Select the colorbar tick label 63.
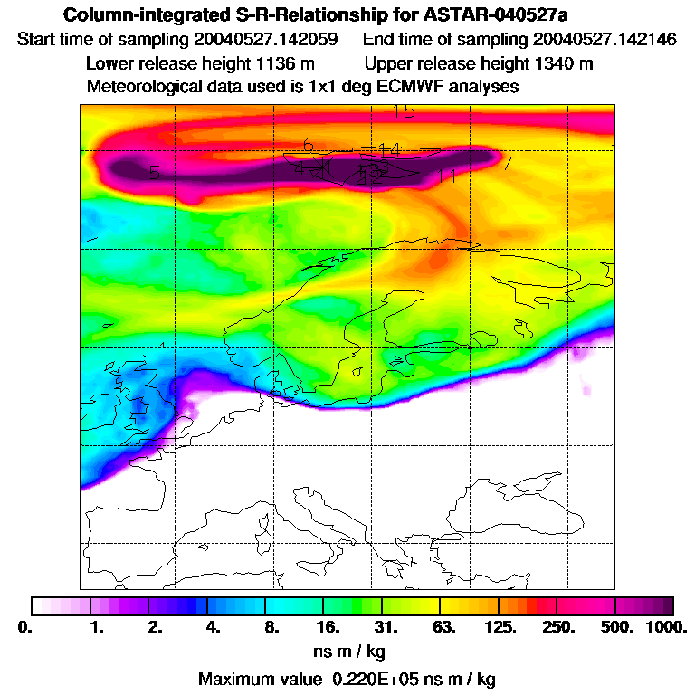coord(443,626)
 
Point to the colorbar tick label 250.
coord(558,626)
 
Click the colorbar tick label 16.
coord(328,626)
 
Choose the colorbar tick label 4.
coord(213,626)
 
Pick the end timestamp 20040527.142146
coord(605,40)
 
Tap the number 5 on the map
coord(155,172)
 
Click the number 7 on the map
coord(507,164)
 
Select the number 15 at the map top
coord(404,111)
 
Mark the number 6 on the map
coord(308,146)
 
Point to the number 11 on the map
coord(446,176)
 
